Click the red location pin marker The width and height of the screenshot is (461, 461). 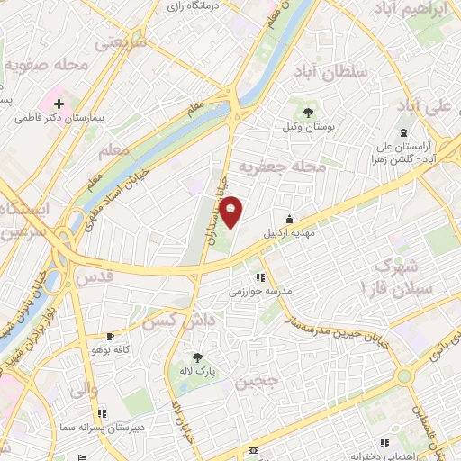click(x=231, y=212)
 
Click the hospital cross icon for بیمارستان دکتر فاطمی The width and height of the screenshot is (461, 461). click(x=59, y=104)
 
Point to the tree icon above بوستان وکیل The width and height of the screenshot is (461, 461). click(x=308, y=113)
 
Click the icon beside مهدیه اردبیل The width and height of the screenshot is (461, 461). click(x=289, y=218)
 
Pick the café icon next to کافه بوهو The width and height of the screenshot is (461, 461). click(x=110, y=336)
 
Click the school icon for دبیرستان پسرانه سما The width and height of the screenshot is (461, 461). click(x=102, y=414)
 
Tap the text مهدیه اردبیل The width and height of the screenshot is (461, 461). click(x=289, y=232)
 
